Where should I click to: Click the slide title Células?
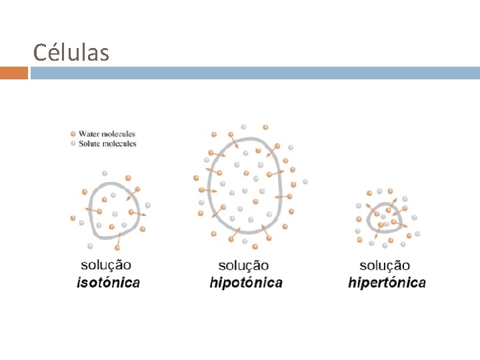click(71, 52)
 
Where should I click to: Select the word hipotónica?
click(246, 282)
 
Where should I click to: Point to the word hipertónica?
click(387, 282)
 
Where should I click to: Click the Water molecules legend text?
click(107, 134)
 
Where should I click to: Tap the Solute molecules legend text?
click(107, 143)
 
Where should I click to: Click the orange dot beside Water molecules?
click(73, 134)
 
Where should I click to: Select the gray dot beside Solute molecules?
click(73, 143)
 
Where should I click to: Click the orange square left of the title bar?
click(14, 73)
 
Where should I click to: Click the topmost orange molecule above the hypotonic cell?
click(265, 127)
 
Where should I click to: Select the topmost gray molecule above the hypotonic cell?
click(243, 126)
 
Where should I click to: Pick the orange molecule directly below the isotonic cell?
click(117, 248)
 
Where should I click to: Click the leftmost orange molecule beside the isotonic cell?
click(73, 219)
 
